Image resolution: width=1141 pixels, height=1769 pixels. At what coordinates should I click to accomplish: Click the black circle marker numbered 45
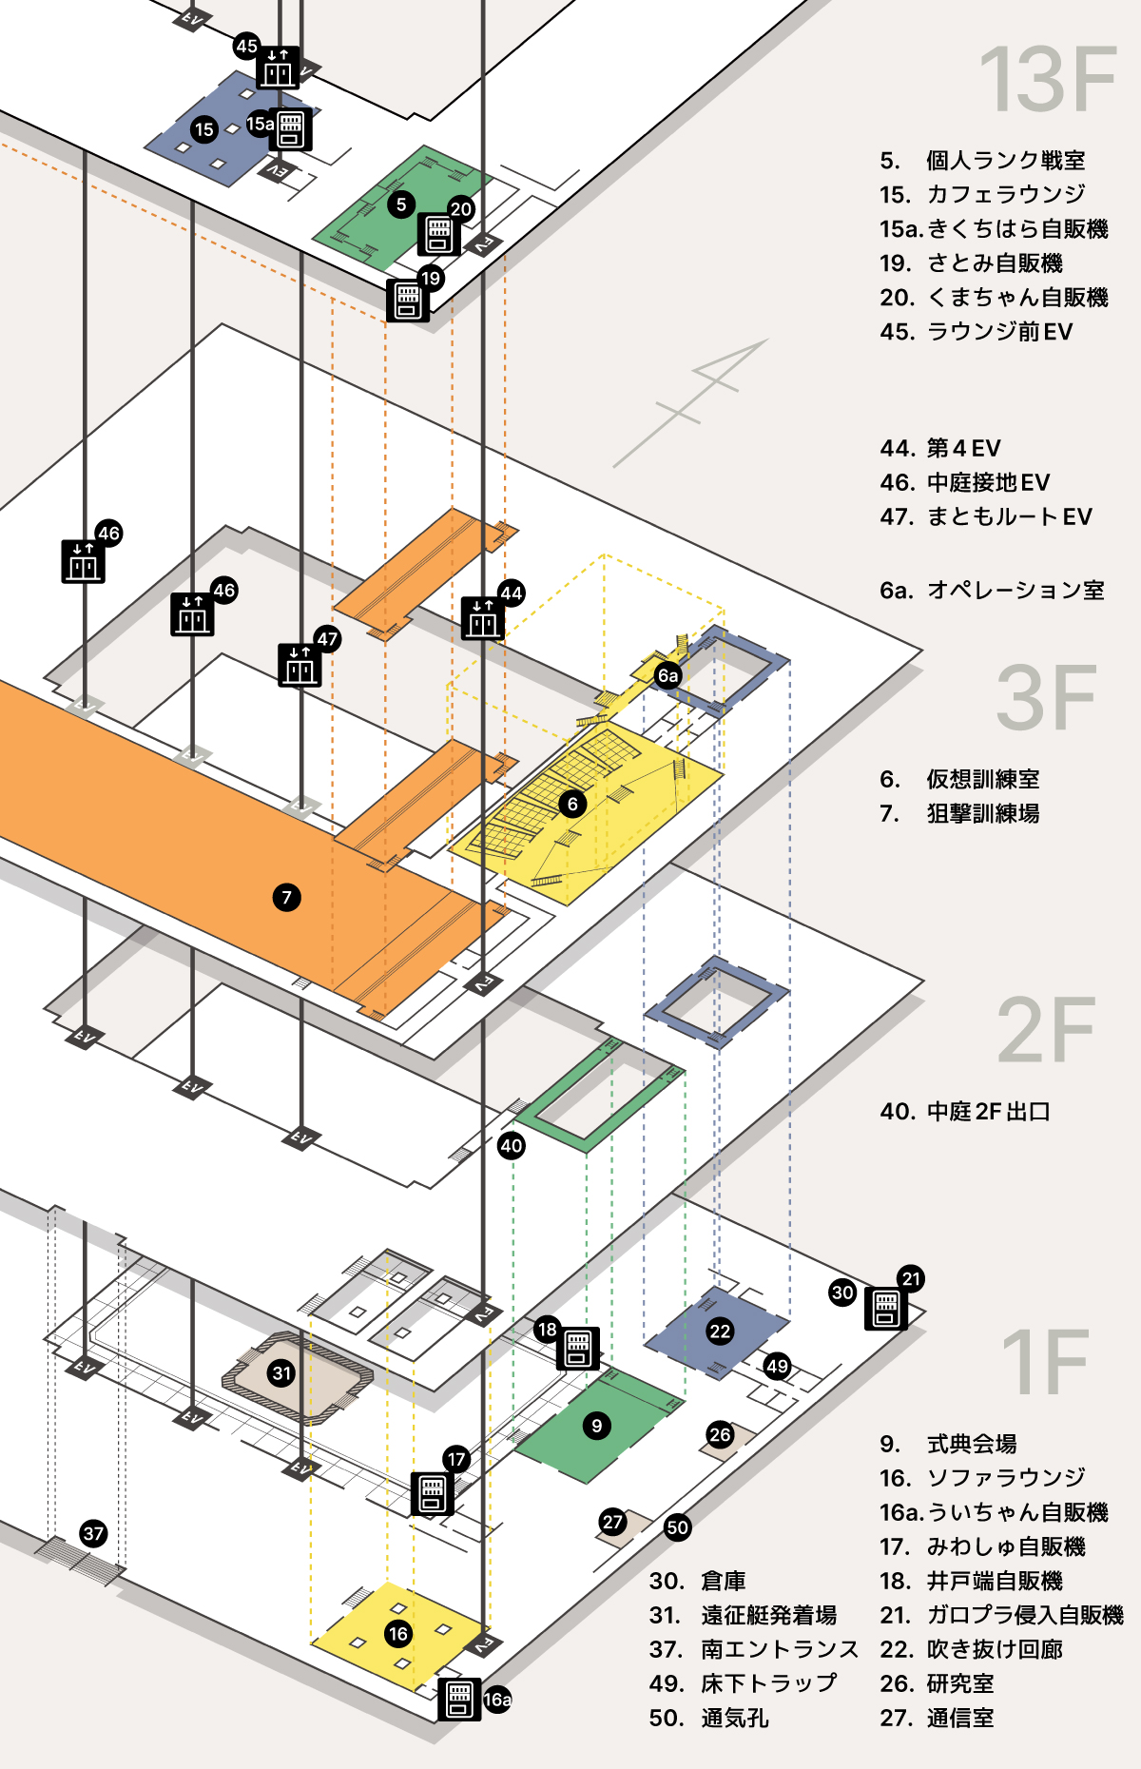247,46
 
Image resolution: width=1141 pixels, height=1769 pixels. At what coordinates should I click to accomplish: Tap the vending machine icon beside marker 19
408,301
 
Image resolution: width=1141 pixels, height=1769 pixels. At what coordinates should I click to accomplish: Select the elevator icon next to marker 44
483,618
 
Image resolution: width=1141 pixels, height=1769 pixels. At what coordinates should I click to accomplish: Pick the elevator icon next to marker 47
300,665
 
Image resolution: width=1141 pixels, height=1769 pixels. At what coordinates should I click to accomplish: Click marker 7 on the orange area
286,897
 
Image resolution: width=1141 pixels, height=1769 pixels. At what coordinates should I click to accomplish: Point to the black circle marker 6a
668,675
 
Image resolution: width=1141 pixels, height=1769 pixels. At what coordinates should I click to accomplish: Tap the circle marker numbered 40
512,1145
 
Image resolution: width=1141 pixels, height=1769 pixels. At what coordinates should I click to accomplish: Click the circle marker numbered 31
281,1372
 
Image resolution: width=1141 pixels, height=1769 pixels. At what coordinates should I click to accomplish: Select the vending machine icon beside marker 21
885,1309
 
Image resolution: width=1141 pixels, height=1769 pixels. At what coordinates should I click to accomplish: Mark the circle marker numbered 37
93,1533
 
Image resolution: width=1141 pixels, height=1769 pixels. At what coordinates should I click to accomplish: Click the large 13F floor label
1048,80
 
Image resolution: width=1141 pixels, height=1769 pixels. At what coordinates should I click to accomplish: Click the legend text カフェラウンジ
1006,194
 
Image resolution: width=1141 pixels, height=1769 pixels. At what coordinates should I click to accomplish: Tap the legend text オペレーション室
1015,590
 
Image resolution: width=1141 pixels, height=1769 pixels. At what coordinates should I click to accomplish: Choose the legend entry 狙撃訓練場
983,813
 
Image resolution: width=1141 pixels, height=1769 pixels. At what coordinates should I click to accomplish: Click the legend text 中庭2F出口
989,1111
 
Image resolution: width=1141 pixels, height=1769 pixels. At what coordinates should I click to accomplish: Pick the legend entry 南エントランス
780,1649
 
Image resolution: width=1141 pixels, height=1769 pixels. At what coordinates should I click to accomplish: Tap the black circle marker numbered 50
677,1527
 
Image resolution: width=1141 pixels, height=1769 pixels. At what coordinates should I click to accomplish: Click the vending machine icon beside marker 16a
459,1700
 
